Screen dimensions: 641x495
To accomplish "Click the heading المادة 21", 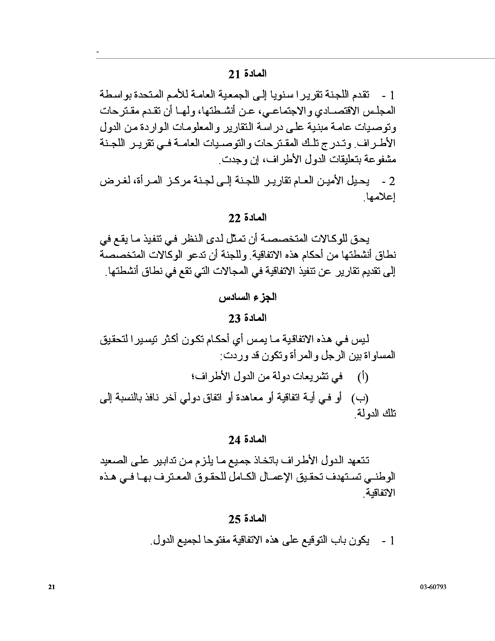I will pyautogui.click(x=247, y=74).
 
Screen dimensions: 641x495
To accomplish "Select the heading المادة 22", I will pyautogui.click(x=247, y=218).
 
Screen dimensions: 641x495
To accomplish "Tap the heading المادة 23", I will pyautogui.click(x=247, y=318).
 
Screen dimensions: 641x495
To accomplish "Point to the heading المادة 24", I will pyautogui.click(x=247, y=440).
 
